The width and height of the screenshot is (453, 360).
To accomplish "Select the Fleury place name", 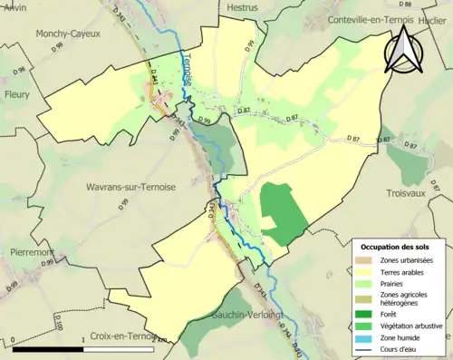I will pos(16,93).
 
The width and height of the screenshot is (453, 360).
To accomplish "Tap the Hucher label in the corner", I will pos(436,16).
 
